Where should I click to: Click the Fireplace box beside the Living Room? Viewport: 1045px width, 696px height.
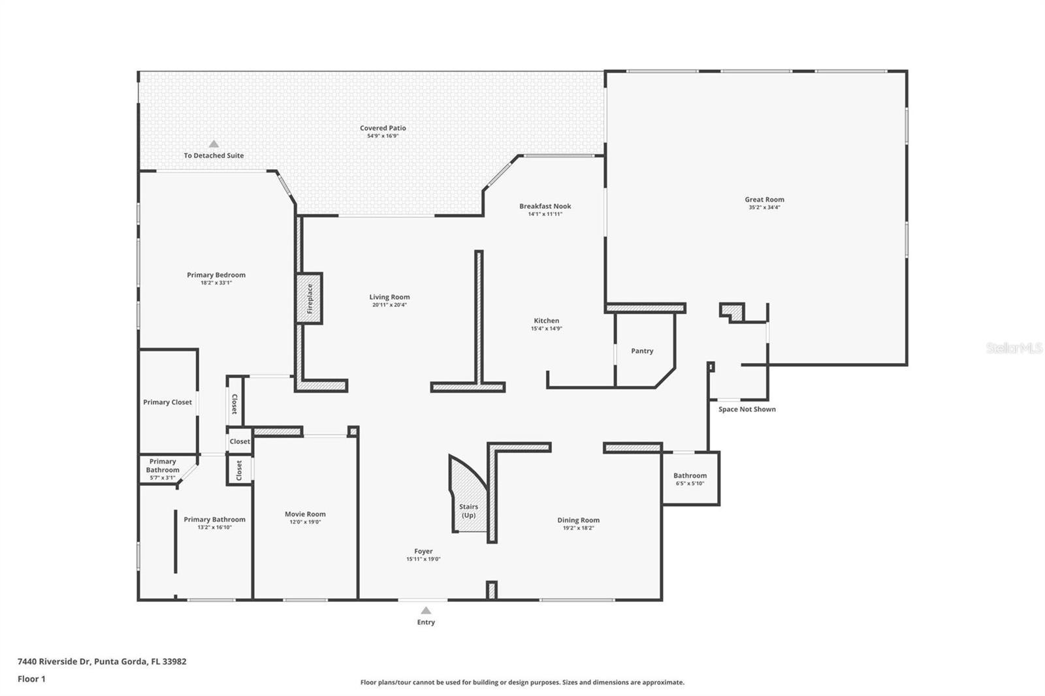(x=310, y=298)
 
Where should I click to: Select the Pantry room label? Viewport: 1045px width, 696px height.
(x=642, y=351)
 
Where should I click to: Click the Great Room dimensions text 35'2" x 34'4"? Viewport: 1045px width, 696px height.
(x=764, y=208)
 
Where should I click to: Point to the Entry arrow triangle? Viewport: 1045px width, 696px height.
(x=426, y=610)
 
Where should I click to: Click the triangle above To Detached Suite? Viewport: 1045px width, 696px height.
(x=214, y=144)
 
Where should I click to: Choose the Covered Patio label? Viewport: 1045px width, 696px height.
(x=383, y=128)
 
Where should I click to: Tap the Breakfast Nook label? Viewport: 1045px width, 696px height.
(x=545, y=206)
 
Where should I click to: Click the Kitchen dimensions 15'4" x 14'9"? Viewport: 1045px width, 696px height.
(x=546, y=329)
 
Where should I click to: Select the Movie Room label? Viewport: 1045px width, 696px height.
(x=305, y=514)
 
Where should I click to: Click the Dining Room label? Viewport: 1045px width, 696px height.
(x=578, y=520)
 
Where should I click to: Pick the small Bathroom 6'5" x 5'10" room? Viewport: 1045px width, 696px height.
(x=690, y=479)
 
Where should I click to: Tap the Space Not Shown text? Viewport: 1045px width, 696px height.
(x=747, y=409)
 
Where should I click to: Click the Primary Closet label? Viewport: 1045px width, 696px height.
(x=167, y=402)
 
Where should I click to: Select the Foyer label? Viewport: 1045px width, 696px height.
(x=423, y=552)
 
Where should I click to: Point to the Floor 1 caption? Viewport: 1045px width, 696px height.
(x=31, y=679)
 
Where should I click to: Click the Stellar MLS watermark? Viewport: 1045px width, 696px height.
(x=1014, y=348)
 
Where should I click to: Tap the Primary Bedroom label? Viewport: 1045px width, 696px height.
(x=216, y=276)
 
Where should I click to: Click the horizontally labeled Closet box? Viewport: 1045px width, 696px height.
(x=240, y=441)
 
